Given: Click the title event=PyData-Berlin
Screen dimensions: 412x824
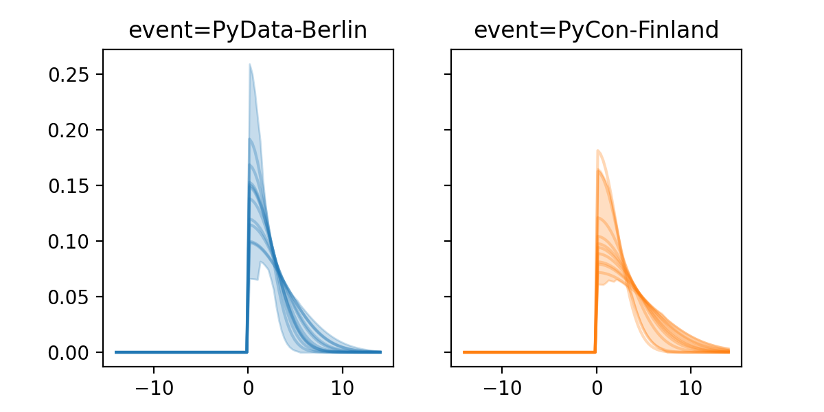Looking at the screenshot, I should coord(248,30).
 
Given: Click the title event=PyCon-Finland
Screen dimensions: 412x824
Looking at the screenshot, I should coord(596,30).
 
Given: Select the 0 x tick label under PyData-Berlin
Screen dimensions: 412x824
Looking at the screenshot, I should coord(247,386).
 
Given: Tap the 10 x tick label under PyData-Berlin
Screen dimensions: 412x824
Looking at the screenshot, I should coord(342,386).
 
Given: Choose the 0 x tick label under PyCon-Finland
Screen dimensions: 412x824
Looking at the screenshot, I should coord(596,386).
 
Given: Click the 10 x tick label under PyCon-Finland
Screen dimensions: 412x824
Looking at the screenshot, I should coord(690,386).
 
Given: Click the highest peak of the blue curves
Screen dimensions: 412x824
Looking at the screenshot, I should coord(250,65).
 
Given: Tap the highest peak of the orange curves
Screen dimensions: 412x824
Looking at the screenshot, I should coord(598,150).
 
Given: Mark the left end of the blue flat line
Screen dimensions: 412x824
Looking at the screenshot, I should coord(115,352).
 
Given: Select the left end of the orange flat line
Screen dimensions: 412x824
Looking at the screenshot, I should coord(463,352).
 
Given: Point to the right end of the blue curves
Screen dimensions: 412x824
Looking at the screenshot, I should coord(380,352).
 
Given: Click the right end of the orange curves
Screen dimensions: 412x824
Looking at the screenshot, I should coord(729,351).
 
